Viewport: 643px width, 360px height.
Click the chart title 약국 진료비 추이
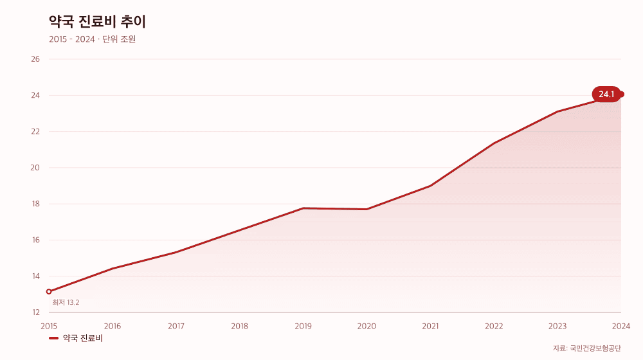pos(97,22)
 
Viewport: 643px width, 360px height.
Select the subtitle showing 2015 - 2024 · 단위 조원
pos(92,39)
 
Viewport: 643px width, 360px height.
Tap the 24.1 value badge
pos(606,94)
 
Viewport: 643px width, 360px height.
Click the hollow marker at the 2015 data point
pos(49,291)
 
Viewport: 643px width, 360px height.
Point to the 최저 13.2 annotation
pos(66,303)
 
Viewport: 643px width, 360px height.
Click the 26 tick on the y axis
pos(35,59)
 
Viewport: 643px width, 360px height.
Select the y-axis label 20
pos(35,168)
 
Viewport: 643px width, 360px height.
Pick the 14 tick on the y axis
pos(35,276)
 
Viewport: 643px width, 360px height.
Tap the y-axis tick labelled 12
pos(35,312)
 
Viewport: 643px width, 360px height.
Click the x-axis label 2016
pos(113,327)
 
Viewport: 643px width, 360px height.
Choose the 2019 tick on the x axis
pos(303,327)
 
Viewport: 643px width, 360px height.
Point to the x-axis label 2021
pos(430,327)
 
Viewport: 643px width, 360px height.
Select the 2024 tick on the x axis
pos(621,327)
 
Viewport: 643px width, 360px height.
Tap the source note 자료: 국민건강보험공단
pos(587,348)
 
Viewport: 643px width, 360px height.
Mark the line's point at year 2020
pos(367,209)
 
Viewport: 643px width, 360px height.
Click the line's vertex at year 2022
pos(494,143)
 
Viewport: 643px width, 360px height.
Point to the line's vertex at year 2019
pos(303,208)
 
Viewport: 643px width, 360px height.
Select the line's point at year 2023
pos(557,111)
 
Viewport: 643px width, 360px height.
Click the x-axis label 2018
pos(239,327)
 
